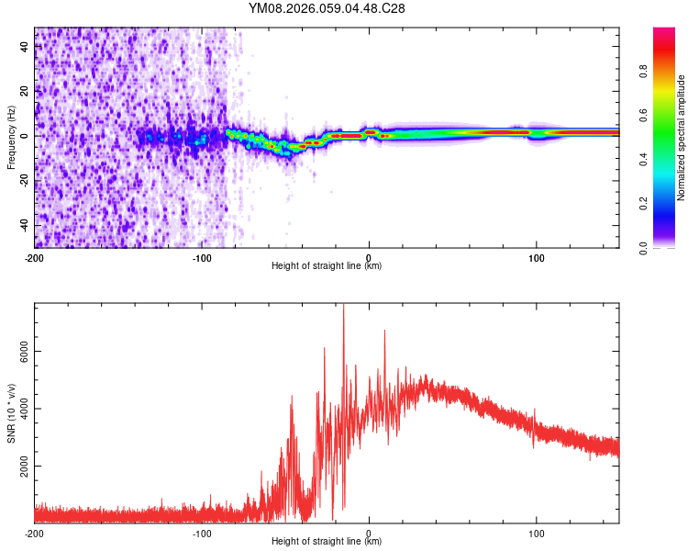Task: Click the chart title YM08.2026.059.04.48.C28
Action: point(327,8)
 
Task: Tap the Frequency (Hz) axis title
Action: point(11,137)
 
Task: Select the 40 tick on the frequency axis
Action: point(25,47)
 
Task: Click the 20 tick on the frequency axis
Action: point(25,92)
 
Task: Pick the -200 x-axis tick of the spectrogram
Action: point(34,256)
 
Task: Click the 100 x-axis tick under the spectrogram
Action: point(536,256)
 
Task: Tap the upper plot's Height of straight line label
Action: point(327,265)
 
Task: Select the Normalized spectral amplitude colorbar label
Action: point(681,138)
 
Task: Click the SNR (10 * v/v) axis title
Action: point(11,412)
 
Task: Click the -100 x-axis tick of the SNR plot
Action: point(202,533)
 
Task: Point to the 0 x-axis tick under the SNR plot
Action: point(369,533)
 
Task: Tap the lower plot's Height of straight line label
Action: point(327,542)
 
